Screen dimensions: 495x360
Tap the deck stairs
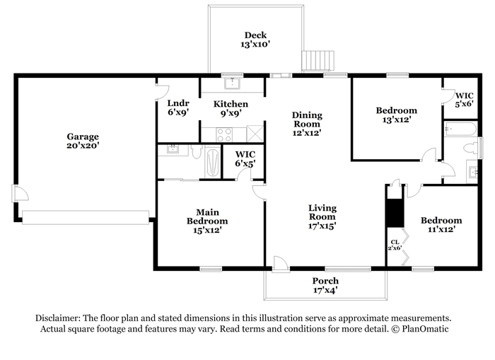(318, 61)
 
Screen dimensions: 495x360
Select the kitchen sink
(232, 83)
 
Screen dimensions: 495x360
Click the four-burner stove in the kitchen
(224, 134)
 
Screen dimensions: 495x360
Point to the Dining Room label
(307, 120)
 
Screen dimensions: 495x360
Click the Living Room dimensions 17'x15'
(322, 226)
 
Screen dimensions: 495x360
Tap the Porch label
(325, 281)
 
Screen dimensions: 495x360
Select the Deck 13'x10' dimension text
(255, 44)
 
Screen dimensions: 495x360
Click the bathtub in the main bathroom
(212, 162)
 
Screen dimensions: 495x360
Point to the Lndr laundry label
(178, 103)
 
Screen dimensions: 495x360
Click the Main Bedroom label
(207, 216)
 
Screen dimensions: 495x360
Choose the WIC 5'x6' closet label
(465, 100)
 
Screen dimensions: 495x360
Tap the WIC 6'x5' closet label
(245, 159)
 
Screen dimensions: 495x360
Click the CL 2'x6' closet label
(395, 245)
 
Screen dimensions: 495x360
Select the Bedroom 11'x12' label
(441, 224)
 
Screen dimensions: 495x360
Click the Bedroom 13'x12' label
(397, 115)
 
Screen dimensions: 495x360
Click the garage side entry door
(21, 192)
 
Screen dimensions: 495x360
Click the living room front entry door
(281, 264)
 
